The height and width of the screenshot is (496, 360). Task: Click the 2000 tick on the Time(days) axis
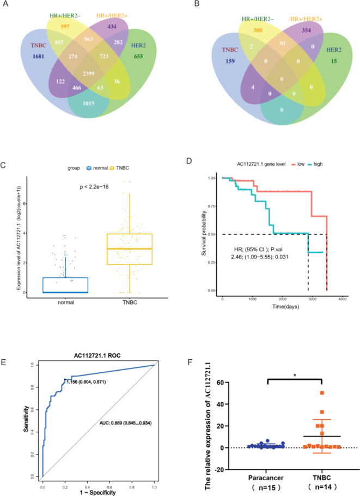tap(283, 299)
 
